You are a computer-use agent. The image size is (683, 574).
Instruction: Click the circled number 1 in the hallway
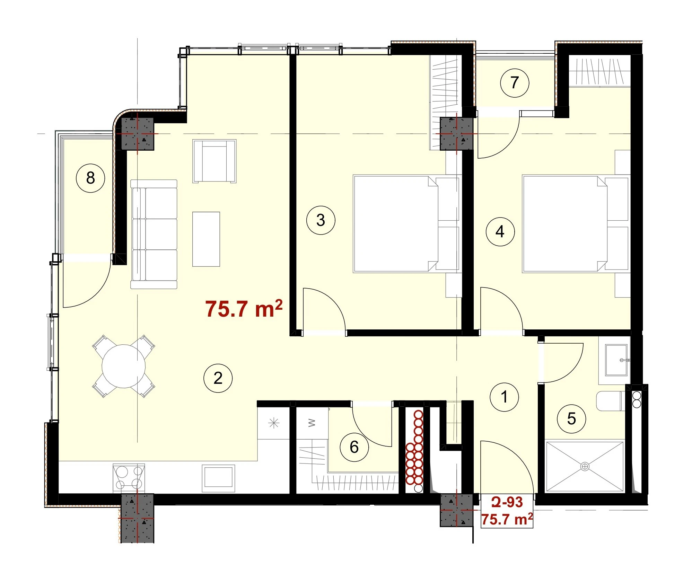click(504, 397)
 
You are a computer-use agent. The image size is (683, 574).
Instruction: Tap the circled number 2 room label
click(218, 378)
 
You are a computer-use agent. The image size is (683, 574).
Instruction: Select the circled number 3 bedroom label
click(321, 220)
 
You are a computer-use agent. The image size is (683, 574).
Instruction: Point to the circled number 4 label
click(500, 232)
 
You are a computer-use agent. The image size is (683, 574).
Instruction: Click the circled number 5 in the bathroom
click(571, 419)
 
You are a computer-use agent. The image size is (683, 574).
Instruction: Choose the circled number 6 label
click(354, 447)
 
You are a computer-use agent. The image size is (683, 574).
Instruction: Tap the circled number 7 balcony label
click(515, 83)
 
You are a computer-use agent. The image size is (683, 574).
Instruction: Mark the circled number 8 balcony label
click(90, 178)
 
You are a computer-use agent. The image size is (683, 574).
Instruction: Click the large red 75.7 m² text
click(244, 309)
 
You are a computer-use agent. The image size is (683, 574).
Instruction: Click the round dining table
click(124, 366)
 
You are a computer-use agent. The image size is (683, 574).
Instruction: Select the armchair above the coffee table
click(214, 161)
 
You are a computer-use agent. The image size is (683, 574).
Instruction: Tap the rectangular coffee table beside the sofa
click(206, 239)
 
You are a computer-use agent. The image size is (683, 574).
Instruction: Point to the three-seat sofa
click(154, 234)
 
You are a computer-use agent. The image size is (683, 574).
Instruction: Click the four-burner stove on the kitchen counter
click(129, 477)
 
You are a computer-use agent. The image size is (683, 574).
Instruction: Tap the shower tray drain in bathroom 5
click(585, 467)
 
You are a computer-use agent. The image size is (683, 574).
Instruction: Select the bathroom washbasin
click(616, 360)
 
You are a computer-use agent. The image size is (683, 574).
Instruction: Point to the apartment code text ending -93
click(507, 502)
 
